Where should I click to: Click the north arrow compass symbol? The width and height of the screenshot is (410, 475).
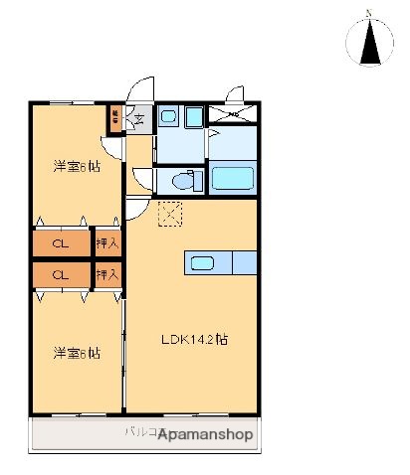click(x=369, y=42)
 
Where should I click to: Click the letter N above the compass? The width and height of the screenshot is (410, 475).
click(x=369, y=13)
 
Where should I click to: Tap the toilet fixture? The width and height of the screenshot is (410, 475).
click(x=183, y=180)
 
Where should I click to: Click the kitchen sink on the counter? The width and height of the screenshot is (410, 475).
click(x=203, y=262)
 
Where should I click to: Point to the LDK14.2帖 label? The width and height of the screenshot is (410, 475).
click(x=195, y=338)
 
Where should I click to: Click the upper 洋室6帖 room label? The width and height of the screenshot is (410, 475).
click(x=77, y=167)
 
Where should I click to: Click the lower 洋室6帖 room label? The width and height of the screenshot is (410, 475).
click(x=77, y=353)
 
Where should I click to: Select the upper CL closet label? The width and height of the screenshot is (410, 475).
click(x=60, y=242)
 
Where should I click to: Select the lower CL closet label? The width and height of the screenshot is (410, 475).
click(x=60, y=274)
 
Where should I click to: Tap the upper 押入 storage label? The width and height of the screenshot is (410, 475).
click(x=107, y=242)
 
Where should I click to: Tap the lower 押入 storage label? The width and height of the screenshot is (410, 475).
click(x=107, y=274)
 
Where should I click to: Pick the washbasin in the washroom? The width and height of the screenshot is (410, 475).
click(x=168, y=118)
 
